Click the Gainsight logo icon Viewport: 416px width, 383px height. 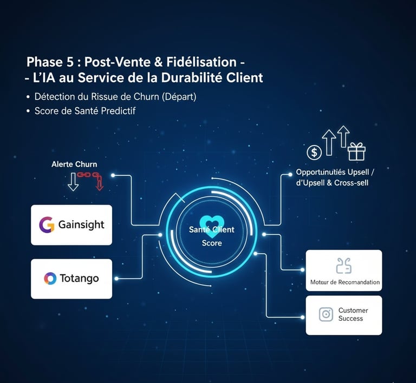[46, 225]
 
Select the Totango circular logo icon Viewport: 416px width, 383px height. [50, 279]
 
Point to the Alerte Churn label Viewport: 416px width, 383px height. [74, 164]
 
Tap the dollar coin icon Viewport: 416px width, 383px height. [314, 153]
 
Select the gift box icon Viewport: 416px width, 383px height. [356, 151]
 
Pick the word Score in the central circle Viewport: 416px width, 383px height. [212, 243]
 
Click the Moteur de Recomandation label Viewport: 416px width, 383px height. [345, 282]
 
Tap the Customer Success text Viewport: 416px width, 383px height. [353, 314]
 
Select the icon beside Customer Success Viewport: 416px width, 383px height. [326, 314]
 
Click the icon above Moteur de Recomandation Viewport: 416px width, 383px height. [344, 266]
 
